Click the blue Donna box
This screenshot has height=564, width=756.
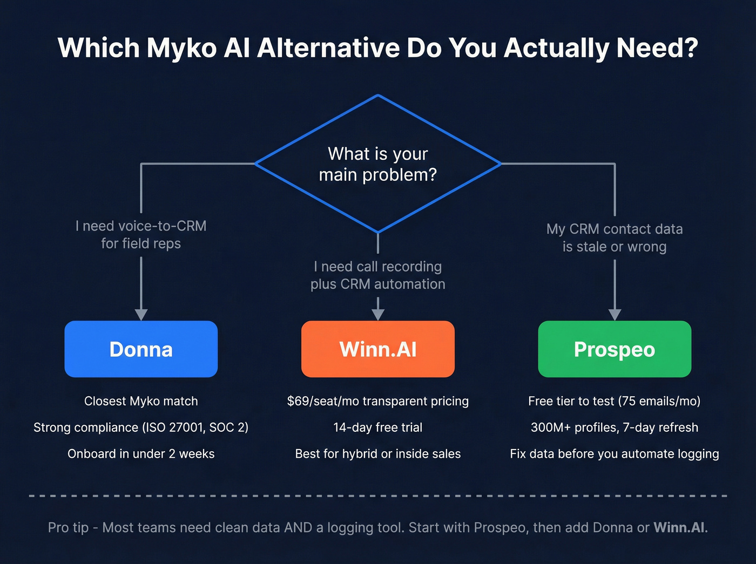tap(141, 349)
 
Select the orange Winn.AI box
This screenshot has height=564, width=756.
tap(378, 349)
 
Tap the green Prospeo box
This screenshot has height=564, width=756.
tap(615, 349)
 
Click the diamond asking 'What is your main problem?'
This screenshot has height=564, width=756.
tap(378, 164)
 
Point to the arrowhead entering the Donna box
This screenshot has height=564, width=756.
tap(141, 315)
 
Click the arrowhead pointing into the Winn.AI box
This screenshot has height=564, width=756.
tap(378, 315)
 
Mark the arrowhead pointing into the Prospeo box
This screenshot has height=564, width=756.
tap(615, 315)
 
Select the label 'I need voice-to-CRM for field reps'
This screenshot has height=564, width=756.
tap(141, 235)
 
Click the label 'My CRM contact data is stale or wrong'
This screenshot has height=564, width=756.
tap(615, 238)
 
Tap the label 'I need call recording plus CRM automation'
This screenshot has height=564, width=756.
tap(378, 275)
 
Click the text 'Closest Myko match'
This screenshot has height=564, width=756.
tap(141, 401)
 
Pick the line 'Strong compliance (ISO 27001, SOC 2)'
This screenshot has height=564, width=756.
tap(141, 427)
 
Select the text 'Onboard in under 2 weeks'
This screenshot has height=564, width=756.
tap(141, 454)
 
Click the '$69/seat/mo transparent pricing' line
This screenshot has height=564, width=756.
tap(378, 401)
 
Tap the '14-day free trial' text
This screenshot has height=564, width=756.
tap(378, 427)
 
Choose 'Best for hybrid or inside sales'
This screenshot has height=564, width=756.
tap(378, 454)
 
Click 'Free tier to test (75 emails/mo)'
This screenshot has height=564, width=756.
tap(615, 401)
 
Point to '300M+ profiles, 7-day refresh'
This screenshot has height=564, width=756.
tap(615, 427)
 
